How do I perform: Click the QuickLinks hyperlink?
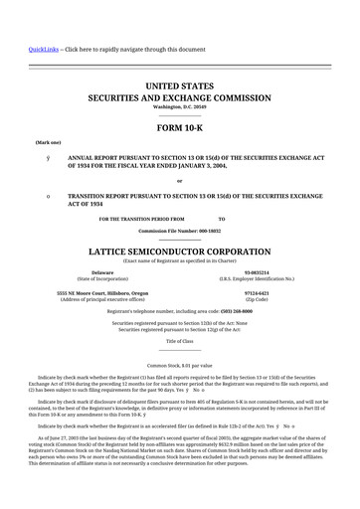point(43,49)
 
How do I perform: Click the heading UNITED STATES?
point(179,87)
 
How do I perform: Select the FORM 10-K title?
point(179,128)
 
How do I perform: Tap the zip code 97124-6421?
point(258,293)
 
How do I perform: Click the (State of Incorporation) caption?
point(102,278)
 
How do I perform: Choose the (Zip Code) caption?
point(258,300)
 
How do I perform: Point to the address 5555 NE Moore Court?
point(102,293)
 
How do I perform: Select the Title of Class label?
point(179,340)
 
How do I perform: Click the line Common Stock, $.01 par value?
point(179,367)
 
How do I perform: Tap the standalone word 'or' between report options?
point(179,180)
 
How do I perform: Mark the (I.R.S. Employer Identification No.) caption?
point(258,278)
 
